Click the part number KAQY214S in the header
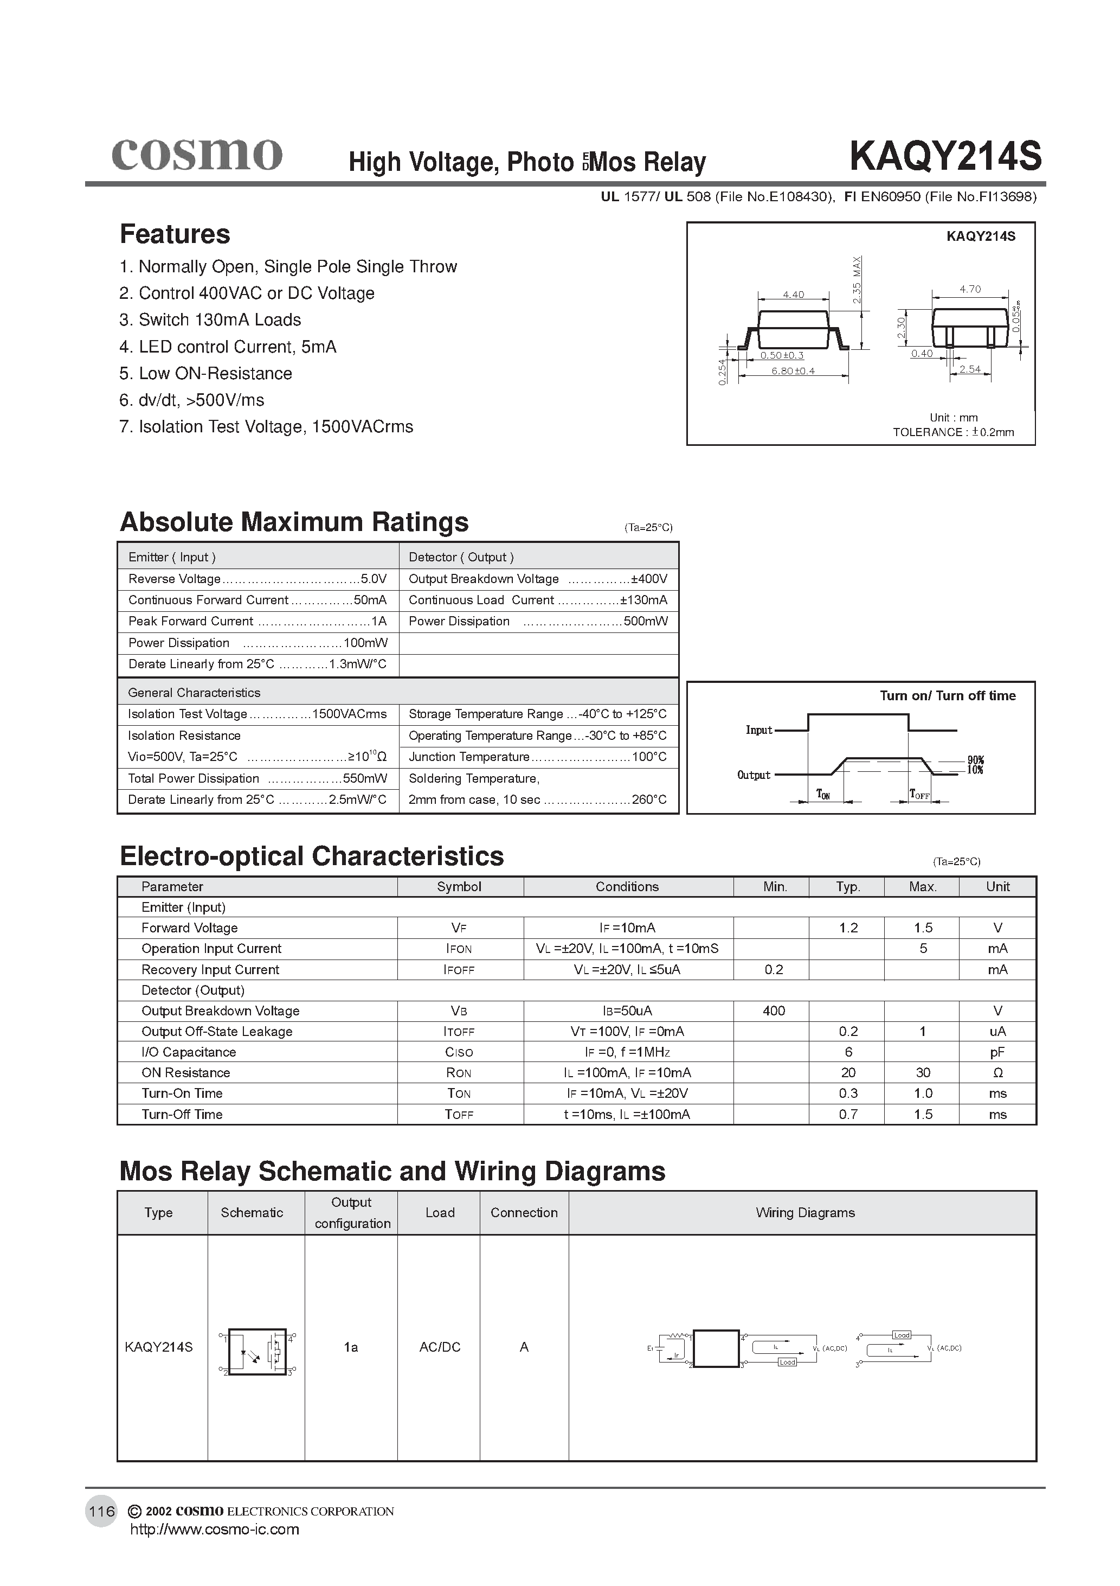[944, 156]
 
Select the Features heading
[175, 234]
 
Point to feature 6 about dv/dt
[191, 400]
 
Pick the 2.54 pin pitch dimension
[969, 369]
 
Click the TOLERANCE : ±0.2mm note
[953, 432]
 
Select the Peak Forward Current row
[257, 621]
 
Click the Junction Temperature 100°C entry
[537, 757]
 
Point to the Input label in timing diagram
[758, 730]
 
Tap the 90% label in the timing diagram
[975, 760]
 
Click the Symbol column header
[459, 886]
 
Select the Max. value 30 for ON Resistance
[923, 1072]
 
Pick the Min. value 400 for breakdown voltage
[774, 1011]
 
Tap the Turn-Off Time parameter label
[182, 1114]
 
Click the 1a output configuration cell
[351, 1347]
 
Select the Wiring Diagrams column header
[804, 1212]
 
